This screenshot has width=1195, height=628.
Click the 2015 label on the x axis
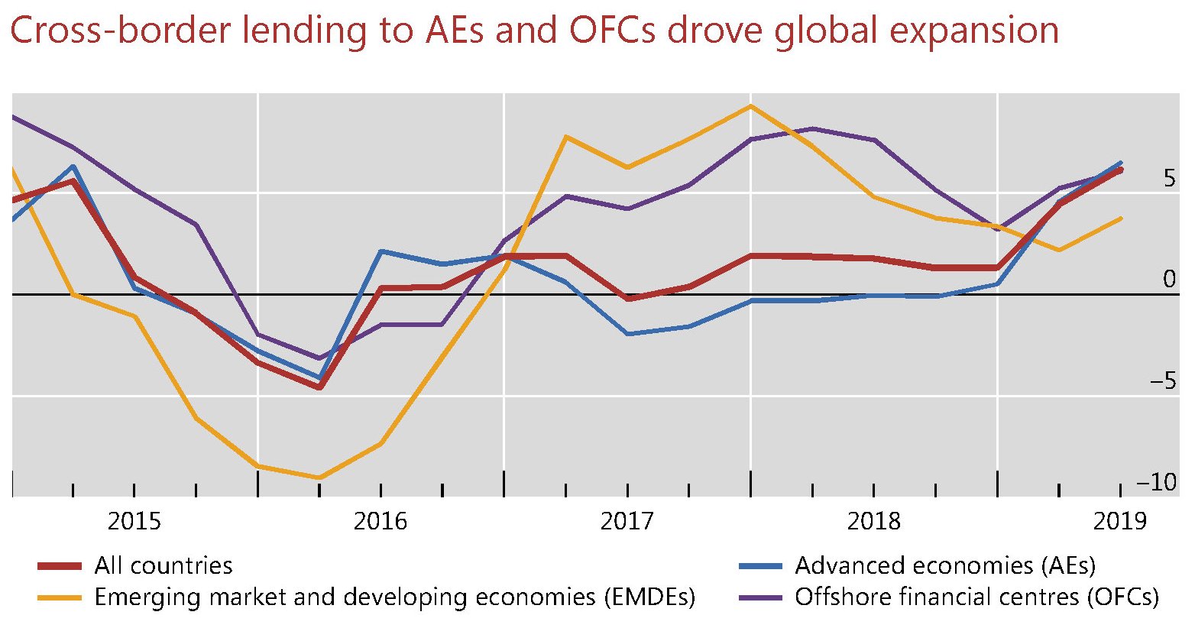(x=134, y=522)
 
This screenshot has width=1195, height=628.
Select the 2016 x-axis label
(x=381, y=522)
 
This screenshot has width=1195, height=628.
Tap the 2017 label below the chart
(x=627, y=522)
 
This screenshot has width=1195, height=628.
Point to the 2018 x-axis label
(x=874, y=522)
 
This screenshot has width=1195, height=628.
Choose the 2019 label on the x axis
(x=1120, y=522)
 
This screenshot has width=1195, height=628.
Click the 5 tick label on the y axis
(x=1169, y=180)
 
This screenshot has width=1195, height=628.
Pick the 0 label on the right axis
(x=1169, y=280)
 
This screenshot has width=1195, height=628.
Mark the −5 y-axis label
(x=1163, y=381)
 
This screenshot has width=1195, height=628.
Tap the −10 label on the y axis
(x=1157, y=483)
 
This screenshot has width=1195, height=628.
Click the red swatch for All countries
(x=60, y=566)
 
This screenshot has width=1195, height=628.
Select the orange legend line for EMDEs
(x=60, y=597)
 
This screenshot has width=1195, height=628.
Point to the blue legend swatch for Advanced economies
(x=761, y=566)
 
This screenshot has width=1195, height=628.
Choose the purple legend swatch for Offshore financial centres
(x=761, y=597)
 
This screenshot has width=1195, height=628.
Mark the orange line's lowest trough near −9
(x=319, y=477)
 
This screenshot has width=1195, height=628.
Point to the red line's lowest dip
(x=319, y=387)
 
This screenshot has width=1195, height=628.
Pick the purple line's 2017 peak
(x=812, y=128)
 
